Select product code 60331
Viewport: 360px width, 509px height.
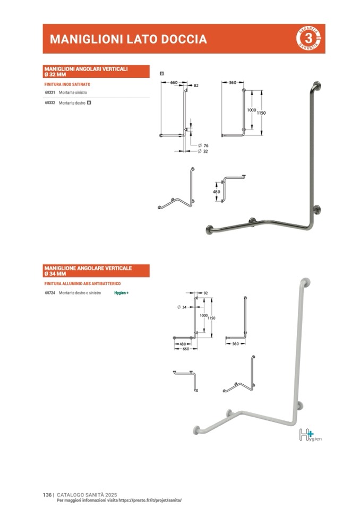click(50, 92)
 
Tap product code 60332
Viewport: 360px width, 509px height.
click(50, 102)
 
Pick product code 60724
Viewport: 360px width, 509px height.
click(50, 293)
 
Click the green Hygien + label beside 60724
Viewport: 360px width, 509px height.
click(122, 293)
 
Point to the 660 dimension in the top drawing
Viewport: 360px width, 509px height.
click(174, 83)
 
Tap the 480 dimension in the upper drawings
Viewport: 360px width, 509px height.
click(216, 192)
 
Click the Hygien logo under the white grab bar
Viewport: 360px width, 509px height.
click(310, 435)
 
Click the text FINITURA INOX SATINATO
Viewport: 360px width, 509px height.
click(67, 84)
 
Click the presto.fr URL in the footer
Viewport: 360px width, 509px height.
click(151, 500)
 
